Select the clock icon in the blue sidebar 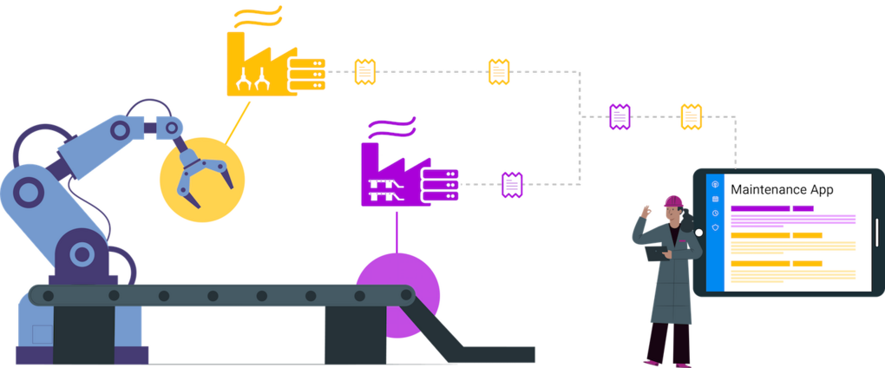point(715,214)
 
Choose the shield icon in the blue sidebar point(715,227)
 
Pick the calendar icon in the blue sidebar point(715,199)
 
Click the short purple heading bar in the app point(803,208)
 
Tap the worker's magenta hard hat point(673,201)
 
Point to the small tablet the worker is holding point(656,253)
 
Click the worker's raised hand point(646,213)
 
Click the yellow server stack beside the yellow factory point(307,74)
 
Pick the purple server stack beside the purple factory point(440,185)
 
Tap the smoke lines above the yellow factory point(258,16)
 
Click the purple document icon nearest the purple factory point(512,185)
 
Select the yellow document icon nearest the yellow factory point(365,72)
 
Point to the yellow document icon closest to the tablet point(691,117)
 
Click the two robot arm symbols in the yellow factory point(252,78)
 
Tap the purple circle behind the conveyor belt point(397,294)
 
